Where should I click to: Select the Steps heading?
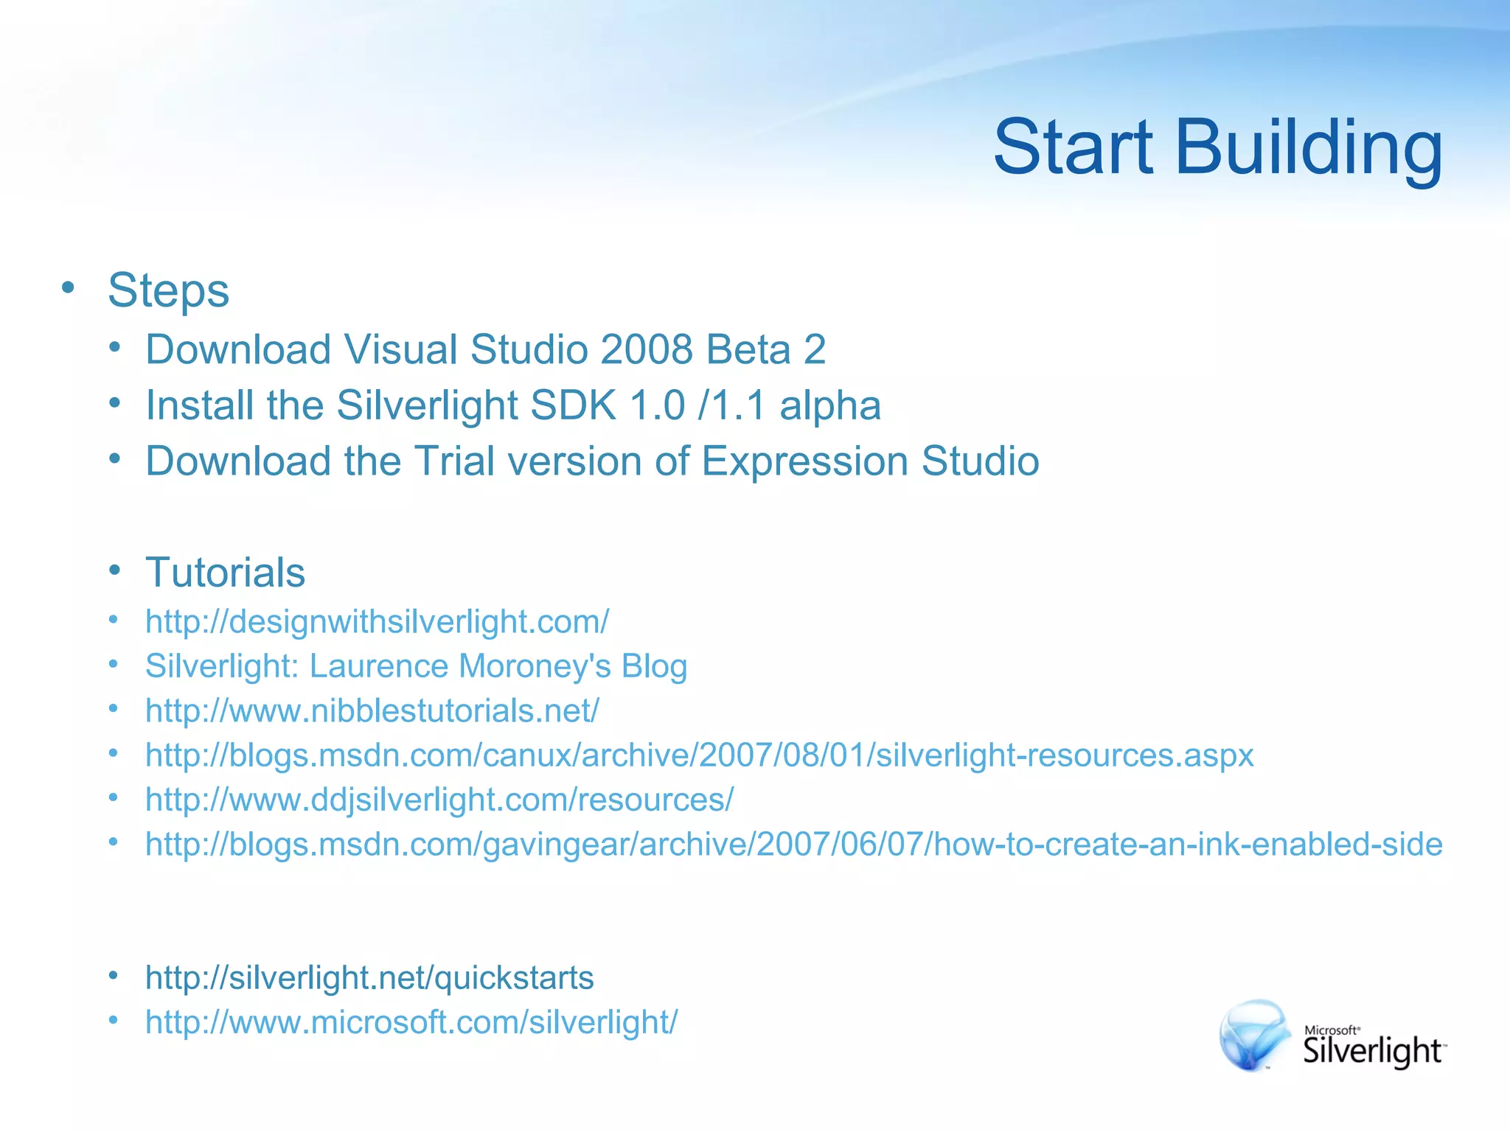pos(168,290)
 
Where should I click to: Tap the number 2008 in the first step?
pos(646,349)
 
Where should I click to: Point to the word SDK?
pos(573,405)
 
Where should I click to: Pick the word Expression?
pos(804,461)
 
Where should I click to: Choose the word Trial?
pos(454,461)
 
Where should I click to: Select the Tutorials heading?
pos(225,572)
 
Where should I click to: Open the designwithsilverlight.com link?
pos(377,621)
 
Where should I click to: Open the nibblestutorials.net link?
pos(372,710)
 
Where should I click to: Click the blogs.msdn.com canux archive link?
pos(699,755)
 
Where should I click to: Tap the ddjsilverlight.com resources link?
pos(439,799)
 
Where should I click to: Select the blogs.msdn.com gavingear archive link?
pos(793,844)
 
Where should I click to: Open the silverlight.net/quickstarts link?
pos(369,977)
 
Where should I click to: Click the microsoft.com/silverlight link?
pos(411,1021)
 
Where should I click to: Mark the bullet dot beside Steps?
pos(68,287)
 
